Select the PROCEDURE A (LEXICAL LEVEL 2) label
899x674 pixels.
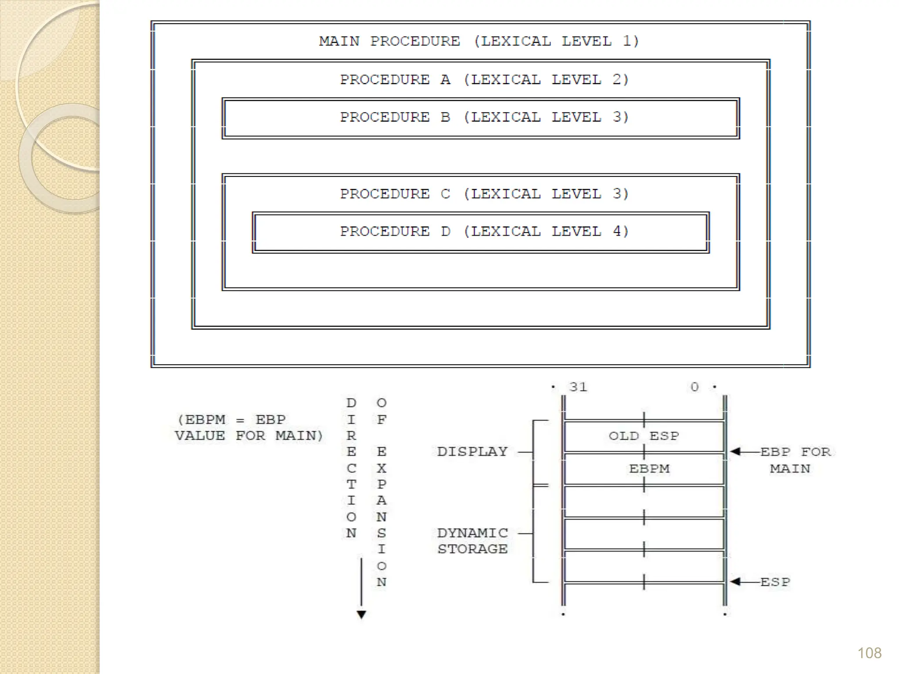click(x=484, y=80)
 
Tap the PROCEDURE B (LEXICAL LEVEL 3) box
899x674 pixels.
click(x=481, y=118)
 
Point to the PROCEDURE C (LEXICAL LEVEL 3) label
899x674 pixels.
click(x=484, y=194)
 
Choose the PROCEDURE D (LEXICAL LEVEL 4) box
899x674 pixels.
click(x=481, y=232)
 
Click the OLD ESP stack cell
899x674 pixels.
click(x=644, y=436)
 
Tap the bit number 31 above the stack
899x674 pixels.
click(x=578, y=387)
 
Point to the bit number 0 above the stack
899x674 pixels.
click(x=694, y=387)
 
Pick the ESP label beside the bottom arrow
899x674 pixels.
click(x=775, y=582)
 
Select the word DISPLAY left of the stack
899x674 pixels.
click(x=472, y=452)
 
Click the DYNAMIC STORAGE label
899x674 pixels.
click(x=472, y=541)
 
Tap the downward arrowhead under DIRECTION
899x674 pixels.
click(x=361, y=614)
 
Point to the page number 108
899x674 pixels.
click(x=869, y=653)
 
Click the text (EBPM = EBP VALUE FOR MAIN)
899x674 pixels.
click(x=248, y=428)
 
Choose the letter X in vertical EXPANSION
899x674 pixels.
click(x=381, y=468)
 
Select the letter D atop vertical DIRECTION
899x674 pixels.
click(x=351, y=403)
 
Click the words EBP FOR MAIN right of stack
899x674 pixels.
click(x=795, y=460)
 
